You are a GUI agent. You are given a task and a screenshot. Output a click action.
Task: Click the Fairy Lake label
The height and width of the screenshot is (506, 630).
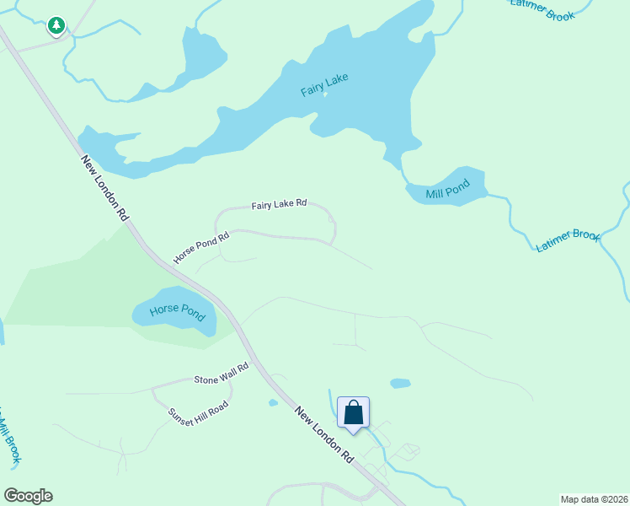(325, 84)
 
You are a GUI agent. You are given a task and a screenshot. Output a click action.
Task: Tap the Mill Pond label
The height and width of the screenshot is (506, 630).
(446, 191)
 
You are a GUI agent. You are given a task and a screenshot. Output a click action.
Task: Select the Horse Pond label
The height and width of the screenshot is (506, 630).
(177, 312)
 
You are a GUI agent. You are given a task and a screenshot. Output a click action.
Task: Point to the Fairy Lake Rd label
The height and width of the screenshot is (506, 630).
(279, 205)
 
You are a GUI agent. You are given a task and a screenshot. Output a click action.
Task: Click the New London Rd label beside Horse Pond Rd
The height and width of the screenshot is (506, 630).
(104, 187)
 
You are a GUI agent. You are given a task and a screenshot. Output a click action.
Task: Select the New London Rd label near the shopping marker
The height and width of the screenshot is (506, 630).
(324, 435)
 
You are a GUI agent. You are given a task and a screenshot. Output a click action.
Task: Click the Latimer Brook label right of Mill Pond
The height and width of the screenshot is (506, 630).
(568, 240)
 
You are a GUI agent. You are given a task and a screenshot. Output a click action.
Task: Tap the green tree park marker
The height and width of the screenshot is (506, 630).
(56, 26)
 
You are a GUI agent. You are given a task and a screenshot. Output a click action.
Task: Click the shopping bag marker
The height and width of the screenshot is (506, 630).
(354, 413)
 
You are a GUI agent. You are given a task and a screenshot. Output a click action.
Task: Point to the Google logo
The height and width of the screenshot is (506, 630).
(28, 496)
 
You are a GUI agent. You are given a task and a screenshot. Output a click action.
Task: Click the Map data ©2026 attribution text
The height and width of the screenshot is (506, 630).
(594, 499)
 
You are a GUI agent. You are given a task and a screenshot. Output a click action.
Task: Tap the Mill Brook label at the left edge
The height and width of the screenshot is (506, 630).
(9, 439)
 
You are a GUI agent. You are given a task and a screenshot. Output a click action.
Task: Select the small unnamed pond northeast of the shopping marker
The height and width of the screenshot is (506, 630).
(400, 383)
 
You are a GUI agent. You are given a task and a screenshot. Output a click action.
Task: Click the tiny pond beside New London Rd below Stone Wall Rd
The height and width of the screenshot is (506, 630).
(273, 403)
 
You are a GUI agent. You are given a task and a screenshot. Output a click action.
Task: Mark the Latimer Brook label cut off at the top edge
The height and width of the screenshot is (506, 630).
(542, 9)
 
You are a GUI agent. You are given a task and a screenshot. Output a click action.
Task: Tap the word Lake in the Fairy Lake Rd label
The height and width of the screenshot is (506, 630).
(280, 205)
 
